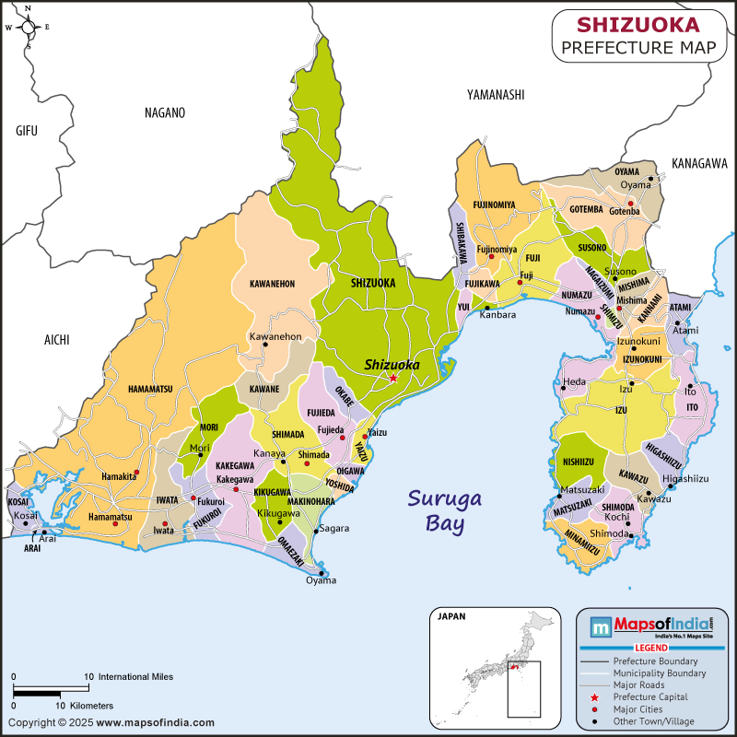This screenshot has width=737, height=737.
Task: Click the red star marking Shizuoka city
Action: point(393,378)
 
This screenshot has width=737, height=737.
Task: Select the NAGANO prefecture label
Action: point(165,113)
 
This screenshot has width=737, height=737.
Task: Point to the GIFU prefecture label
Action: point(27,131)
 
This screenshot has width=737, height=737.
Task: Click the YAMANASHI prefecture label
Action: point(495,95)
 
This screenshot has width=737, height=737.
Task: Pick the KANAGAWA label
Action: point(699,163)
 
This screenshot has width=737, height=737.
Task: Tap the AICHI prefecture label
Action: point(57,340)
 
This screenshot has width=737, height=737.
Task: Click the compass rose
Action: point(28,27)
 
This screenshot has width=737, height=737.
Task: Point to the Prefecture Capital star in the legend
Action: point(594,697)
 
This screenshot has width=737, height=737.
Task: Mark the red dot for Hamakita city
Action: point(136,473)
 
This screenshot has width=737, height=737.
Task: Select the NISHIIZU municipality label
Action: point(577,461)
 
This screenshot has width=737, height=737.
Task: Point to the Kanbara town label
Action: point(497,315)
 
